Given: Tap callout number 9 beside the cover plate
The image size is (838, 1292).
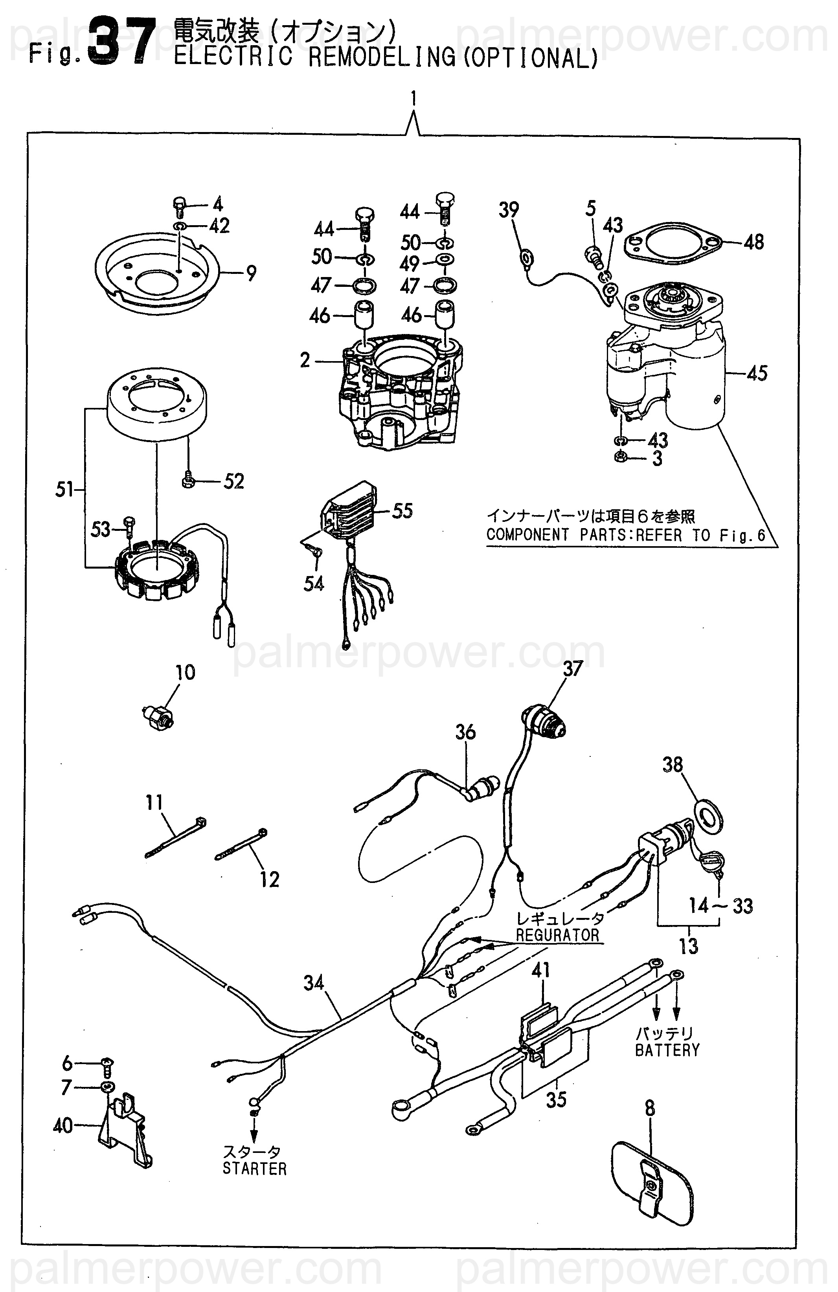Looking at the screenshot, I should pyautogui.click(x=251, y=273).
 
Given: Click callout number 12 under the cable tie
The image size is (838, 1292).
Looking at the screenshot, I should pyautogui.click(x=269, y=879).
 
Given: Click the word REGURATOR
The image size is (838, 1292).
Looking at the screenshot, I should pyautogui.click(x=557, y=935).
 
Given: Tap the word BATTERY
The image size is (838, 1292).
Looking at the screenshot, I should pyautogui.click(x=667, y=1050).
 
